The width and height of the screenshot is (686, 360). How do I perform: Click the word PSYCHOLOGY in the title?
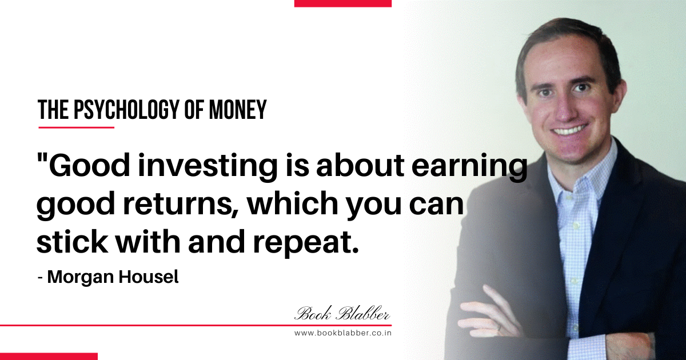pos(126,110)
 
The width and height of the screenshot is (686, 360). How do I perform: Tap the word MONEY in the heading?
pos(238,110)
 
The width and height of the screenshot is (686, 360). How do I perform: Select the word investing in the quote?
pos(208,167)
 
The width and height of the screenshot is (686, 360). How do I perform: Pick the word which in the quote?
pos(293,203)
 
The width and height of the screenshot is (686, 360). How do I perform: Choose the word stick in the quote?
pos(73,241)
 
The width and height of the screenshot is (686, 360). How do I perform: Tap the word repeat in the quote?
pos(306,243)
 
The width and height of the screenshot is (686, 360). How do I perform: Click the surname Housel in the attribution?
pos(148,277)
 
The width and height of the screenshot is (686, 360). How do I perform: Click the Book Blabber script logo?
pos(342,314)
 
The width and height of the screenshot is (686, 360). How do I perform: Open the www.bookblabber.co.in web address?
pos(342,333)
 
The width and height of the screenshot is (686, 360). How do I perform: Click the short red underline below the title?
pos(76,127)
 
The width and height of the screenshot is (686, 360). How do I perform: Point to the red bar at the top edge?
pos(342,3)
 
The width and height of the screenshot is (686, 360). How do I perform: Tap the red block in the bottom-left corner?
pos(49,357)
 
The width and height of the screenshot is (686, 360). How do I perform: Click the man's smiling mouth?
pos(569,130)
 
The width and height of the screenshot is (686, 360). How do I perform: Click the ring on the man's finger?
pos(500,327)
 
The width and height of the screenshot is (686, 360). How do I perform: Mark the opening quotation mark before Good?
pos(42,159)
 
